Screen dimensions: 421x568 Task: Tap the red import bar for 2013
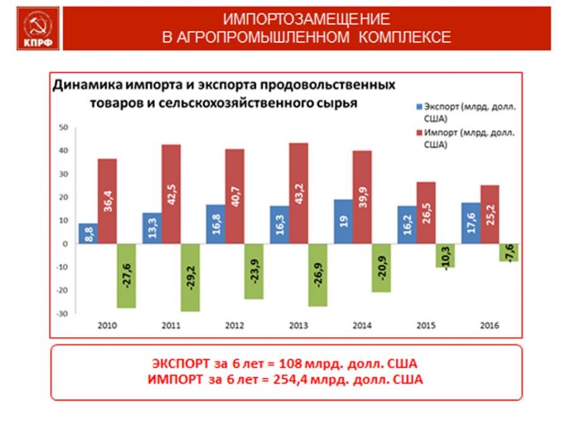[299, 193]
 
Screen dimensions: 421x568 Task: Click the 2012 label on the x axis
[235, 326]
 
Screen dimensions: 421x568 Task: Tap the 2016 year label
[490, 326]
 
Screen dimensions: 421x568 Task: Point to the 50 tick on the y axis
[62, 127]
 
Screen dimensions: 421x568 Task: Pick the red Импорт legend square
[418, 133]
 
